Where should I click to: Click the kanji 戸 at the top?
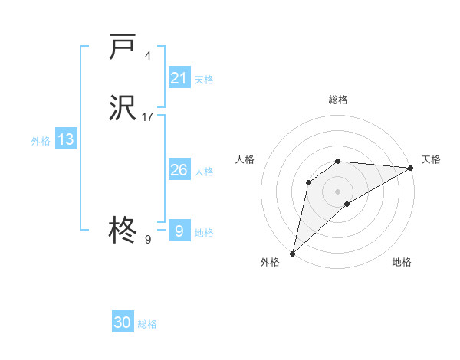123,47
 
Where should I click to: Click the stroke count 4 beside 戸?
148,56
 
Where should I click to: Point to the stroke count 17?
148,117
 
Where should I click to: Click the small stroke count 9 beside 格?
148,240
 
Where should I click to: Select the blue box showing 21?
179,78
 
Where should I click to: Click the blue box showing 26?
179,170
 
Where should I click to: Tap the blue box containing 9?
179,231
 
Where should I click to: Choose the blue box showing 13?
66,139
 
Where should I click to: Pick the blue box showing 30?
123,322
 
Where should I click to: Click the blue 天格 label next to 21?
204,80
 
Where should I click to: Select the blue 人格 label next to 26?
204,172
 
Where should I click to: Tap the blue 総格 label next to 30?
147,324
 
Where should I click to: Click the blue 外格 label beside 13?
41,141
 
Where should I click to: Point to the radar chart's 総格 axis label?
338,100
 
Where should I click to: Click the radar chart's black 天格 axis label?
431,159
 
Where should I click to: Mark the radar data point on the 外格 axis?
292,254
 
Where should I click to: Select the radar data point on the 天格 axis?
411,168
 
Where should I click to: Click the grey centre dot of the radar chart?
338,191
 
